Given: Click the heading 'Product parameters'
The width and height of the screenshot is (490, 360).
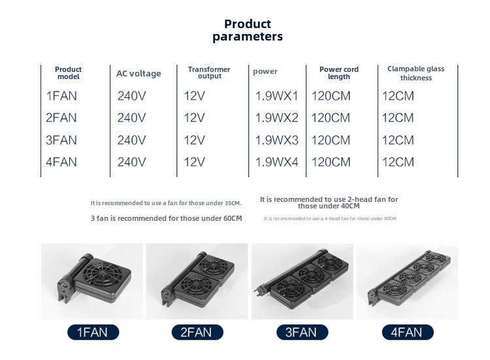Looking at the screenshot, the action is click(248, 30).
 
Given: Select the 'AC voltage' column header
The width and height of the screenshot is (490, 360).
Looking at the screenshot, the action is click(139, 73).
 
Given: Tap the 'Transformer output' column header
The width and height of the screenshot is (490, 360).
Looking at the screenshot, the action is click(209, 73).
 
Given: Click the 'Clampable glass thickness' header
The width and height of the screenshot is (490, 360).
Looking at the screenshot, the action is click(416, 73).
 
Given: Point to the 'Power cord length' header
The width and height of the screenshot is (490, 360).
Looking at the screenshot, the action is click(339, 73).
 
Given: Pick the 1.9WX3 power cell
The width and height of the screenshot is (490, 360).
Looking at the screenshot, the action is click(277, 140).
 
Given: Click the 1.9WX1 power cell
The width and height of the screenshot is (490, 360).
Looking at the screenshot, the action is click(277, 96).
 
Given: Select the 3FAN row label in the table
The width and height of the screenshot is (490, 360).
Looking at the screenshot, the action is click(61, 140).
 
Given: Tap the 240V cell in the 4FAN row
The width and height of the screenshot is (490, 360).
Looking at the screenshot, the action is click(131, 162).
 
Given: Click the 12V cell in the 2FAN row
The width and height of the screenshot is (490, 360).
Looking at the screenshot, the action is click(195, 118).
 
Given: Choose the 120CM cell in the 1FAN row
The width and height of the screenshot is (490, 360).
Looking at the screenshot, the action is click(331, 96).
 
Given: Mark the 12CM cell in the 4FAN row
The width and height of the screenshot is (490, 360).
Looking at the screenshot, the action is click(398, 162).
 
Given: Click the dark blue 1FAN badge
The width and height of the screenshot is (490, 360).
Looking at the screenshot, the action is click(93, 332).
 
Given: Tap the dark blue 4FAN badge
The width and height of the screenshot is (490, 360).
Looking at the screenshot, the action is click(408, 332).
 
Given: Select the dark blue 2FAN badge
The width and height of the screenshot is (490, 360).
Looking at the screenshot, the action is click(197, 332).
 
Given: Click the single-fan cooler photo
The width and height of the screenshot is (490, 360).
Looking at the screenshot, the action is click(92, 281).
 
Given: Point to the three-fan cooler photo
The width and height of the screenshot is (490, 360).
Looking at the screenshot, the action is click(302, 281).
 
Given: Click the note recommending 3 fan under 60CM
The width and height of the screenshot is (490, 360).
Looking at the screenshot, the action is click(166, 218).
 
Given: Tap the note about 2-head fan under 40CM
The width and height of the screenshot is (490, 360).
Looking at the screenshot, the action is click(329, 203).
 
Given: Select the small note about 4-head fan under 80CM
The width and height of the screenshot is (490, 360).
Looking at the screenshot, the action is click(330, 218).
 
